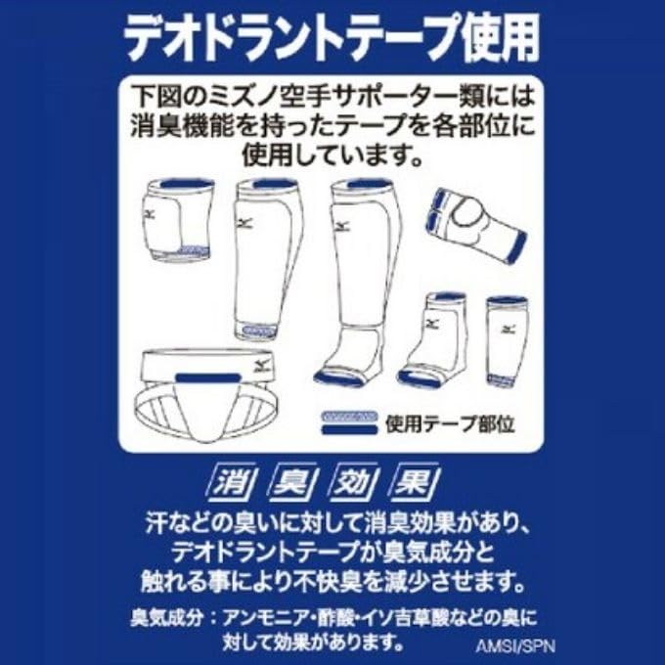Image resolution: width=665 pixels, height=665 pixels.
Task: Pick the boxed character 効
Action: [355, 484]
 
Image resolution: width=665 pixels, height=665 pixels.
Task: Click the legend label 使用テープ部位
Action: [451, 423]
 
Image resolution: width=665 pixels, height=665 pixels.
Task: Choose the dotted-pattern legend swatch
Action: [349, 416]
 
